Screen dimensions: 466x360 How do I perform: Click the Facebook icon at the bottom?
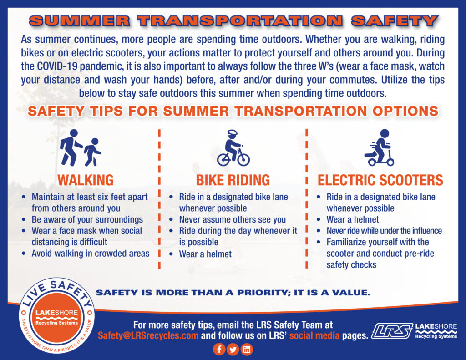219,349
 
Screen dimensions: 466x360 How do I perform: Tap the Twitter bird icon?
233,349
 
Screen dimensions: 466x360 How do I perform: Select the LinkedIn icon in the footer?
247,349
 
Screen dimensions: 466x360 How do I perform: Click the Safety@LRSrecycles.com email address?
148,335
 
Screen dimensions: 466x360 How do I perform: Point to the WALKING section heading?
86,180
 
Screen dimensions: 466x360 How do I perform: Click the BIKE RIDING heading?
233,180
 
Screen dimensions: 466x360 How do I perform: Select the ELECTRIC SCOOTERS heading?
380,180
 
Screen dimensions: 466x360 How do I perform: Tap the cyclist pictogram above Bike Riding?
233,148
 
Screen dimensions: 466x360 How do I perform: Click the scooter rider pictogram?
379,147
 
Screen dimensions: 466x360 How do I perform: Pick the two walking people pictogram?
80,148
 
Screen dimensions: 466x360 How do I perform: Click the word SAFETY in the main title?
394,21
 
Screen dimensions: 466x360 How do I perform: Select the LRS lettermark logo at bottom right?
392,330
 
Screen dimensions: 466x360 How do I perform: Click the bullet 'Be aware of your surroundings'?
87,220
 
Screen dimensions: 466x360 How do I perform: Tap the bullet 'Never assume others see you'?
233,220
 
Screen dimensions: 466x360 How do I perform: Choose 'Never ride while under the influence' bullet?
384,231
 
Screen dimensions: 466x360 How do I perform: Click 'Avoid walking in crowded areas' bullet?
91,254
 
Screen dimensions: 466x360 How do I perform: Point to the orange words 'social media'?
314,335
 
